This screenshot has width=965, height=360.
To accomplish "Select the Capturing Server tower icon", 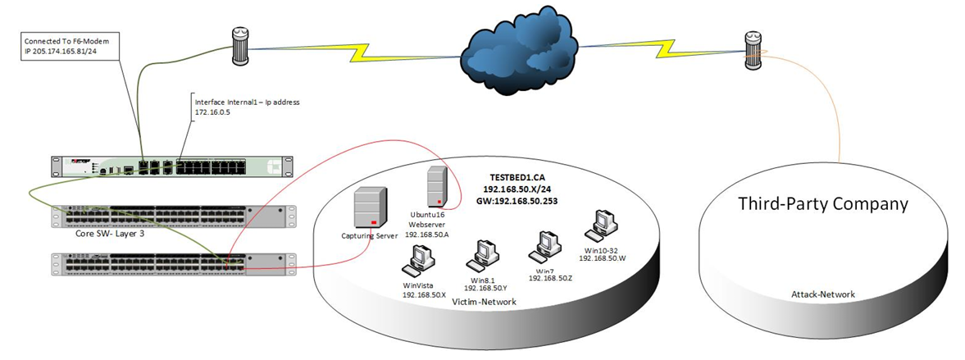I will (371, 209).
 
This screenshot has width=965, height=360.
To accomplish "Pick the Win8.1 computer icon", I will (484, 256).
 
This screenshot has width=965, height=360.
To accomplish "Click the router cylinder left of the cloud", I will (239, 47).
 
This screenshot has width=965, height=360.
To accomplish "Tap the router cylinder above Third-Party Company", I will (753, 51).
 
